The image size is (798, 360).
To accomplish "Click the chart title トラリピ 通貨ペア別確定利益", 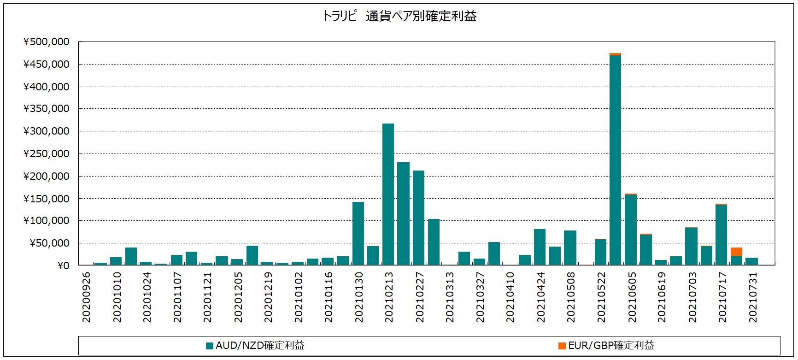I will point(399,16).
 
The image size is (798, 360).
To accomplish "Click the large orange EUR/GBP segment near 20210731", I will point(736,252).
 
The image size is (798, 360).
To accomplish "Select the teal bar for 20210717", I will point(721,235).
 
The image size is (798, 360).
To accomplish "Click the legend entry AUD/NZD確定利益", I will point(255,346).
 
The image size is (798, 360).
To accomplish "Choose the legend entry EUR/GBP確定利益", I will point(606,346).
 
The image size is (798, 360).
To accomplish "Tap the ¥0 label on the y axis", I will point(63,266).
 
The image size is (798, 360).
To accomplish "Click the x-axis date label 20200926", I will point(86,297).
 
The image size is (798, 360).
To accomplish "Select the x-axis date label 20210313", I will point(450,297).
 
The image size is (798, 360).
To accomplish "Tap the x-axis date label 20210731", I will point(753,297).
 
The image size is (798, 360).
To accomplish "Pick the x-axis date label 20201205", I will point(238,297).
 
